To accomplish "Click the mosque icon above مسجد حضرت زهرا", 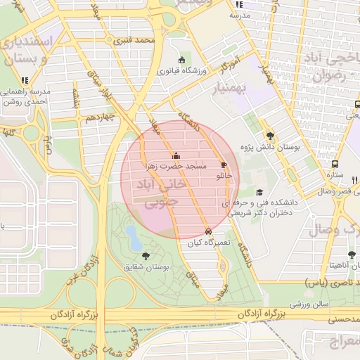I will click(x=175, y=156).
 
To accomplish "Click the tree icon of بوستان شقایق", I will click(x=146, y=255).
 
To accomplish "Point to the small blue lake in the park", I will click(x=131, y=238).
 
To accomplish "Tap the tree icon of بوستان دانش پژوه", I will click(x=270, y=136).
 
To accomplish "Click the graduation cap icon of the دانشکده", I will click(x=259, y=192).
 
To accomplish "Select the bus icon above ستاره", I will click(x=335, y=163).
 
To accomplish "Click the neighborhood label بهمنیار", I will click(x=225, y=86).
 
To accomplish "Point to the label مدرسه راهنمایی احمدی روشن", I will click(x=25, y=96).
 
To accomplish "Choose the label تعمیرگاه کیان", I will click(x=205, y=243).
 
